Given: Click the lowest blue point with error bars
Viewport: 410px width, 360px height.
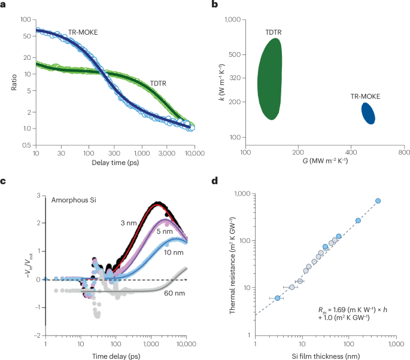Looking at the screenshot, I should pos(277,298).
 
